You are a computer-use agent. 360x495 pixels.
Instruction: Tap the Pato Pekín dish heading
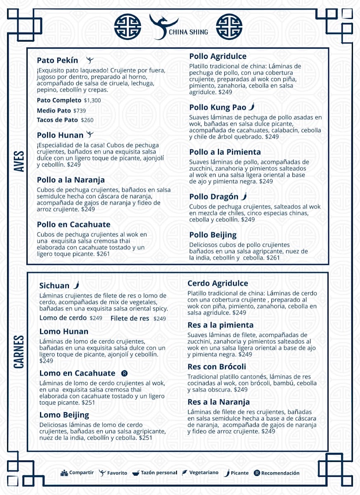click(x=57, y=60)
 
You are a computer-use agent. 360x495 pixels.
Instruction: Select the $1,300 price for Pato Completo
click(x=92, y=100)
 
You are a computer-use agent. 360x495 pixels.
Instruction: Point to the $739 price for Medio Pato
click(x=80, y=111)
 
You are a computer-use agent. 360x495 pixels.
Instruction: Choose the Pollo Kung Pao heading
click(x=217, y=108)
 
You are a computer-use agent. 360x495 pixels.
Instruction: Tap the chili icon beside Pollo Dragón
click(x=244, y=196)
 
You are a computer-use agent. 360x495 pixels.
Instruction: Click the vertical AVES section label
click(x=19, y=161)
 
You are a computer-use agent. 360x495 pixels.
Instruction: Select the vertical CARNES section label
click(x=19, y=352)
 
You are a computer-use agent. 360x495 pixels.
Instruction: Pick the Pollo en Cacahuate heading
click(x=73, y=225)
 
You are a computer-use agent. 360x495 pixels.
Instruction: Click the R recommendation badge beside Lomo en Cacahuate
click(x=124, y=373)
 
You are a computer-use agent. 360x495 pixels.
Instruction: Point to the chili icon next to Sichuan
click(x=76, y=285)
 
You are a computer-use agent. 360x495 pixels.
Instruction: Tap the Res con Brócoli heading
click(x=216, y=367)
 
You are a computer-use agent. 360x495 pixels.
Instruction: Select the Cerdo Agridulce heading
click(x=218, y=283)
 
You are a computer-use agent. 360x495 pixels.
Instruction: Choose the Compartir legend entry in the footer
click(x=77, y=473)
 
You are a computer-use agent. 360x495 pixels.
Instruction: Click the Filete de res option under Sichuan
click(x=130, y=318)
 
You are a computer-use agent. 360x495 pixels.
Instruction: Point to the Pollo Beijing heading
click(x=213, y=235)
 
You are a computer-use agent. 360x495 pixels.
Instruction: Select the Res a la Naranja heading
click(x=219, y=402)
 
